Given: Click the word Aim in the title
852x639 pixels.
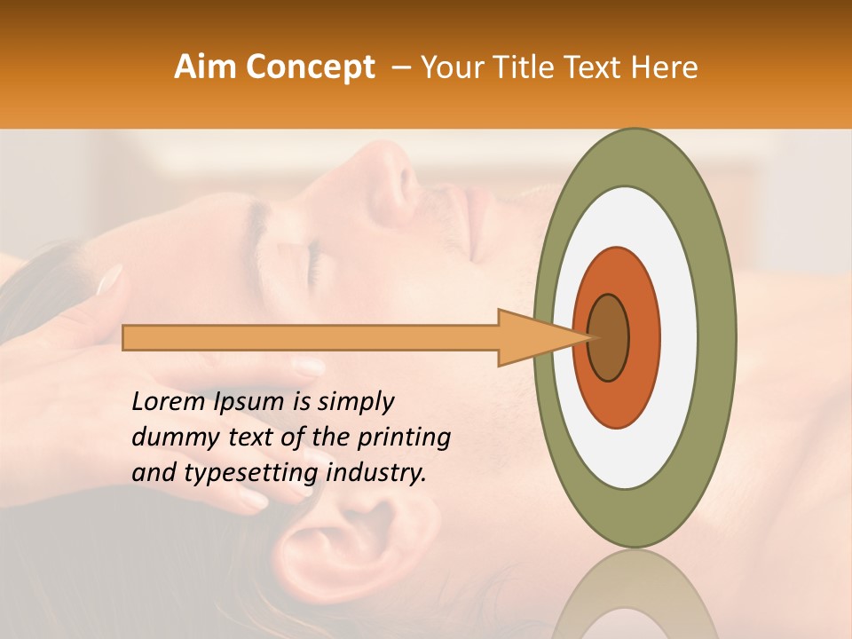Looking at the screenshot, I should [x=206, y=67].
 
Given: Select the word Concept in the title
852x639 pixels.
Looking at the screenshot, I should [x=310, y=68].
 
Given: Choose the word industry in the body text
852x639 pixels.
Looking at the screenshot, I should [x=376, y=473].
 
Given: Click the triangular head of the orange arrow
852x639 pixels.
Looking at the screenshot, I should [x=532, y=337].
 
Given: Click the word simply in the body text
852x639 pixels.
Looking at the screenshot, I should [x=355, y=402].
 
